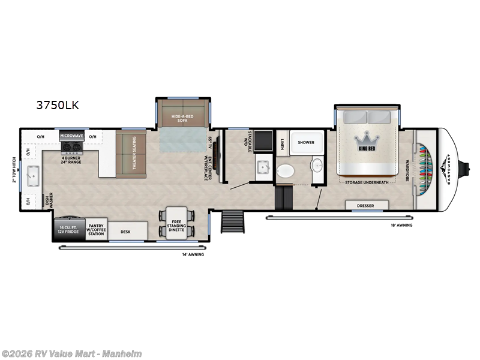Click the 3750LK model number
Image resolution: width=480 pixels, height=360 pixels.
58,106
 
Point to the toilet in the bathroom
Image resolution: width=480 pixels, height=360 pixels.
287,171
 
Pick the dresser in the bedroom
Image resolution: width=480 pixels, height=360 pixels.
365,205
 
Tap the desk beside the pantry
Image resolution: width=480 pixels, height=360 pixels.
125,231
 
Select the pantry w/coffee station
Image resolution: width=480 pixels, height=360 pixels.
96,230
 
